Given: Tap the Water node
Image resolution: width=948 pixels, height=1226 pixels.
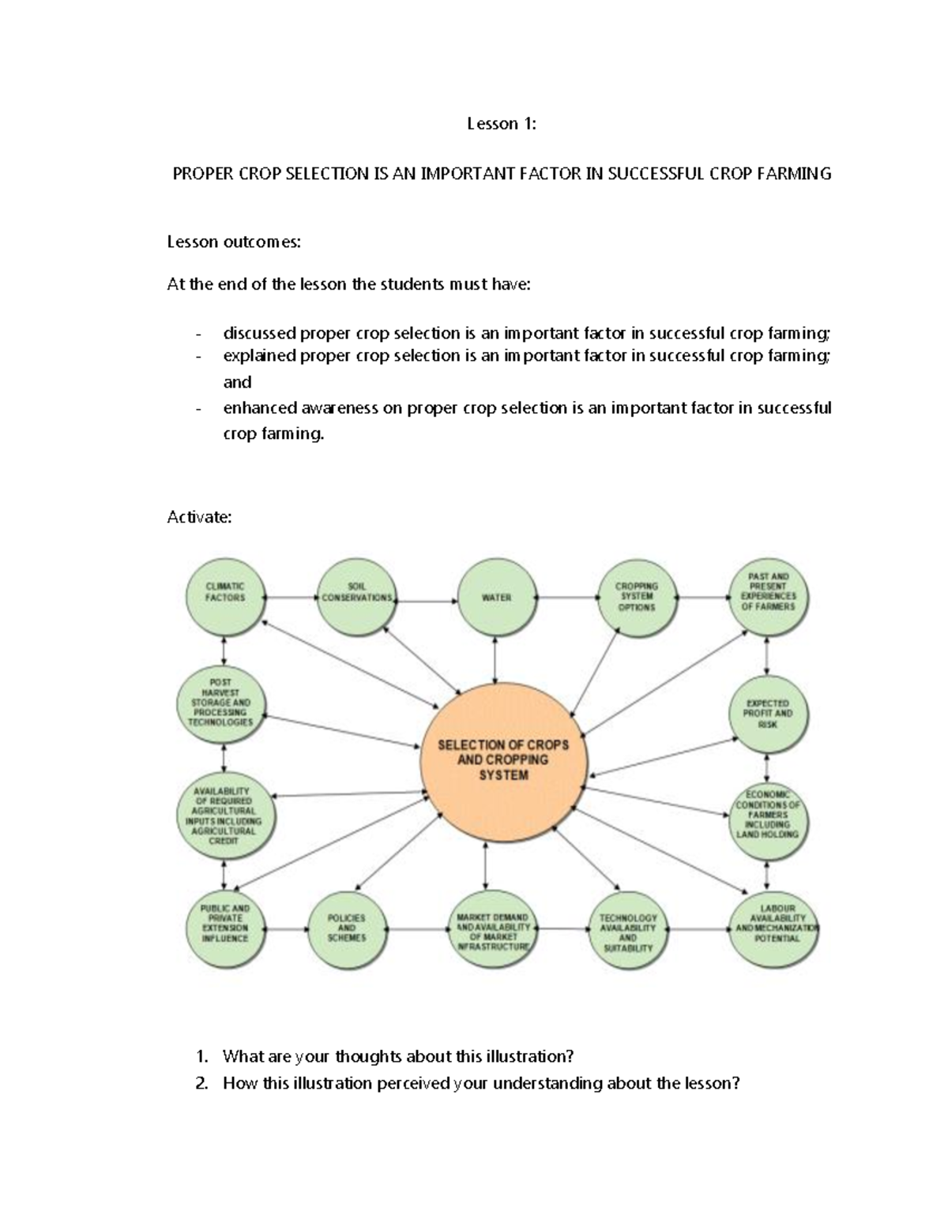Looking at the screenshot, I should coord(496,598).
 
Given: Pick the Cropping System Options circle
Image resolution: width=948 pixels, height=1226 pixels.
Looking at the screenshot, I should coord(637,598).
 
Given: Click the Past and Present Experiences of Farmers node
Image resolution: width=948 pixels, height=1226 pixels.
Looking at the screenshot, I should coord(768,593).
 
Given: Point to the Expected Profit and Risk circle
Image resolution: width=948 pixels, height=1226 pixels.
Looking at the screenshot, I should coord(768,714).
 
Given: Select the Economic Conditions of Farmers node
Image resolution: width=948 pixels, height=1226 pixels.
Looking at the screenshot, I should coord(768,814).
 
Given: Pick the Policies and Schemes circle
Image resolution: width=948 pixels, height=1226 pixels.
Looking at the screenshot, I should coord(346,928).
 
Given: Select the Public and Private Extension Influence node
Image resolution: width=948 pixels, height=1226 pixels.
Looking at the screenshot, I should coord(225,924).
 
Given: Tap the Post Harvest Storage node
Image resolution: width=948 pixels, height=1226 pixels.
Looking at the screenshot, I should coord(222,702).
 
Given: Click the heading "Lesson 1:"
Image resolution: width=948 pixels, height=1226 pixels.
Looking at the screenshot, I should coord(502,124).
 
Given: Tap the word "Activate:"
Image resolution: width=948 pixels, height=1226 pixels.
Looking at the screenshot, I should coord(199,518).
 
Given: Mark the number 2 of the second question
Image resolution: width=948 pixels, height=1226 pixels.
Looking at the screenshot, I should coord(202,1084).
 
